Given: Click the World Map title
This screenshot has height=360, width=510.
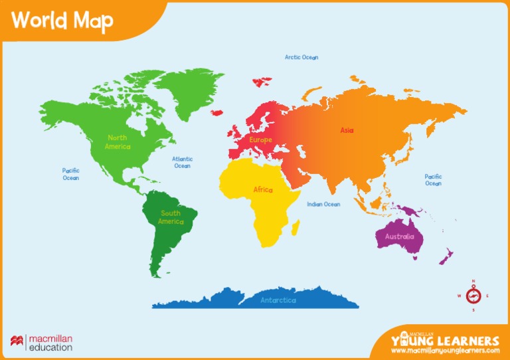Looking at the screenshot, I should (62, 21).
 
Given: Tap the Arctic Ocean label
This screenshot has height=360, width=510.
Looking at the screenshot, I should (301, 58).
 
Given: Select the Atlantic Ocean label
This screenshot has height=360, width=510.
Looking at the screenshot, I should (183, 162).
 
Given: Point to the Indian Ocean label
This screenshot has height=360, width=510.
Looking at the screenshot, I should (323, 205).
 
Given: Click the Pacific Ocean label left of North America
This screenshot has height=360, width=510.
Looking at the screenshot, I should (71, 174).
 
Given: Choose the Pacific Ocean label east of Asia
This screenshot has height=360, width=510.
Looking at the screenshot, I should (433, 180).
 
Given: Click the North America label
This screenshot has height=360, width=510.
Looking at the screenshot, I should (118, 142).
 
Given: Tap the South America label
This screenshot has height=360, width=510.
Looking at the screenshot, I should (171, 217).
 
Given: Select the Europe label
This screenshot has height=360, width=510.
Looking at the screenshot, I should (261, 140).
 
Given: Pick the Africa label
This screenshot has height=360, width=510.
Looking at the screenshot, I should (263, 190).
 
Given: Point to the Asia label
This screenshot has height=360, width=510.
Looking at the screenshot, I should (347, 131).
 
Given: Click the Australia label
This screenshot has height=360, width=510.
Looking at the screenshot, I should (400, 236).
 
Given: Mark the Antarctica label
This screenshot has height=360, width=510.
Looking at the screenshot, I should (278, 300).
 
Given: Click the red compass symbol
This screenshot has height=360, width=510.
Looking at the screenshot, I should (473, 296).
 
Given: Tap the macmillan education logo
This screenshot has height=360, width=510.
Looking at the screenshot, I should (41, 343).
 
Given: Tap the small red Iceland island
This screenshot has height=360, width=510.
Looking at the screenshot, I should (216, 113).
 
